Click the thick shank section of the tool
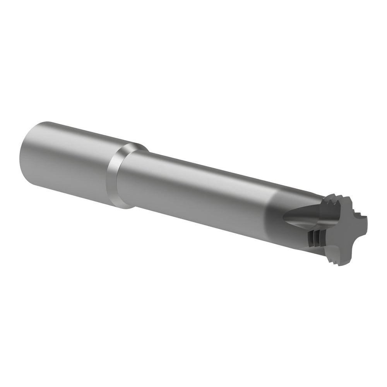pyautogui.click(x=66, y=163)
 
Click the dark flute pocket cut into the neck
pyautogui.click(x=306, y=217)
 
